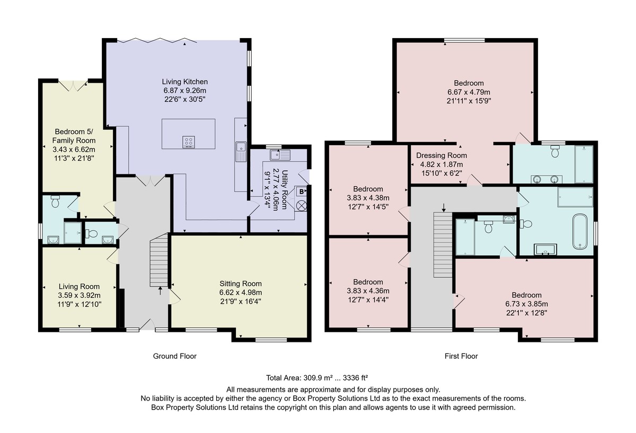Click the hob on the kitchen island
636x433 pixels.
pos(189,142)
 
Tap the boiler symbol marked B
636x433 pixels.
pos(301,192)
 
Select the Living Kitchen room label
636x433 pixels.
pos(185,82)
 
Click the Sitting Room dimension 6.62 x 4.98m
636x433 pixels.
pos(241,293)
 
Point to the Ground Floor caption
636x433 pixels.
pos(174,356)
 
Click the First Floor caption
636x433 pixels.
pos(461,356)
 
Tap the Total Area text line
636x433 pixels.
pos(317,378)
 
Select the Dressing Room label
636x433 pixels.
pos(441,156)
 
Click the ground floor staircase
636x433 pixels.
pos(159,260)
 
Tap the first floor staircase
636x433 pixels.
pos(443,244)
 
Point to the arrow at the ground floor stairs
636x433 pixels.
pos(160,291)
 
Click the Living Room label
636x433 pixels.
pos(79,287)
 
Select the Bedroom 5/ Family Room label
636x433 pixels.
pos(74,136)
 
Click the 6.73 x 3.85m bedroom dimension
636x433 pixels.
pos(526,304)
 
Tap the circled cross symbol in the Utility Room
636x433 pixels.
pos(302,206)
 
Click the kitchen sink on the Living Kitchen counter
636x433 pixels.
pos(241,151)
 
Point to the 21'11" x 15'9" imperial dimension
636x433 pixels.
pos(469,101)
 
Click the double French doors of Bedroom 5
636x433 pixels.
pos(73,86)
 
